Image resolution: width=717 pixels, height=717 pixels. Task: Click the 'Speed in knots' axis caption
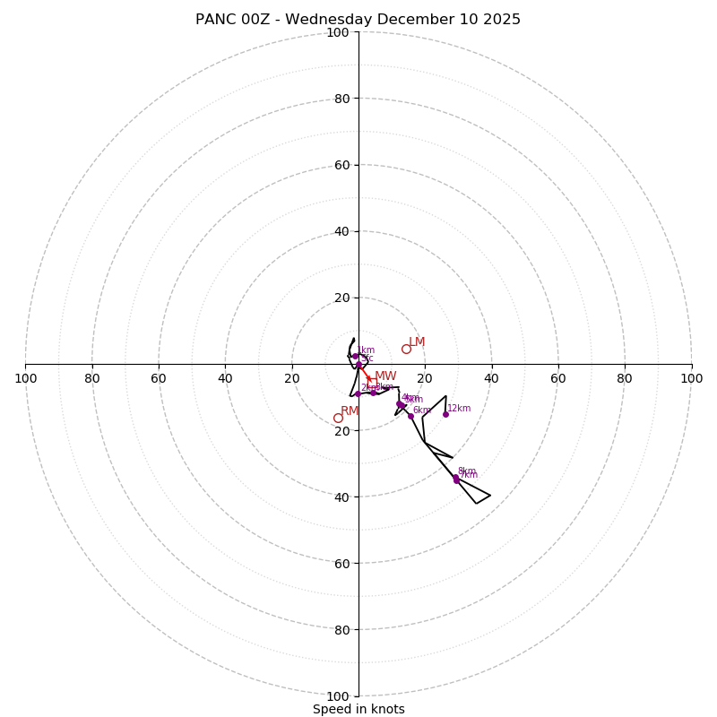(x=358, y=709)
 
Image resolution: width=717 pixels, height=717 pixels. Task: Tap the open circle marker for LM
(x=406, y=349)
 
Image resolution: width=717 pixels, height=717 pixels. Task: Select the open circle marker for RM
(x=338, y=418)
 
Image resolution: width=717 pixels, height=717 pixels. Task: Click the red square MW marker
(x=372, y=381)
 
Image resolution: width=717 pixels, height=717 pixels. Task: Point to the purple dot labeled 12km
(x=445, y=414)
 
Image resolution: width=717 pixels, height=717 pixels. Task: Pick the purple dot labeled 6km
(x=410, y=416)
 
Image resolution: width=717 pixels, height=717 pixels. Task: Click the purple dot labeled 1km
(x=355, y=356)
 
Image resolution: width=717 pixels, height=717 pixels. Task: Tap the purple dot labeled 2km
(x=358, y=393)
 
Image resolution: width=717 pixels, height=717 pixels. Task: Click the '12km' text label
(x=459, y=409)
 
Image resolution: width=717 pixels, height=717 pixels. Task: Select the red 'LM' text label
(x=417, y=341)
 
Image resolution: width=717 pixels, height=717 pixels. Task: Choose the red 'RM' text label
(x=350, y=410)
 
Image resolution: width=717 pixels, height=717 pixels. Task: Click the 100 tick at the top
(x=337, y=32)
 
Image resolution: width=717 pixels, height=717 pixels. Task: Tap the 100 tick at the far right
(x=691, y=378)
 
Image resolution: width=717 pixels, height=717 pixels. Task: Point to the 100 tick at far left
(x=26, y=378)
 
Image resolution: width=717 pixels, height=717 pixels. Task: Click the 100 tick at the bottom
(x=337, y=696)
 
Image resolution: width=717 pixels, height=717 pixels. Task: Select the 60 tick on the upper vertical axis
(x=341, y=165)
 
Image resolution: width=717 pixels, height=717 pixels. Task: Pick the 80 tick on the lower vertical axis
(x=341, y=630)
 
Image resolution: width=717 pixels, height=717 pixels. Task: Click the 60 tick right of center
(x=558, y=378)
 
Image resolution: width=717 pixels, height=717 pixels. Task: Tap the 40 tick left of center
(x=225, y=378)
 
